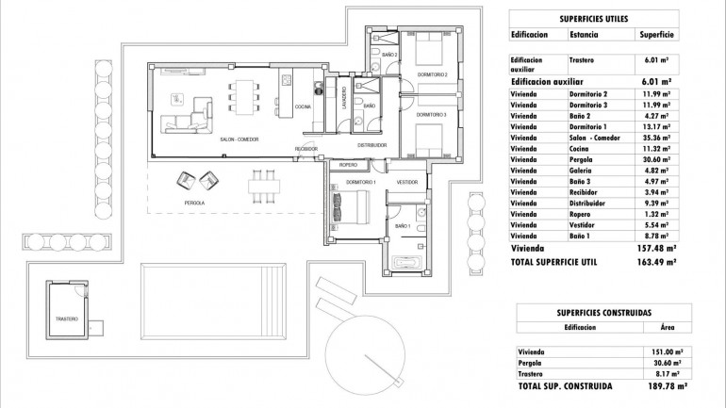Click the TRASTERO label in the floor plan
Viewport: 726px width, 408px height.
coord(66,319)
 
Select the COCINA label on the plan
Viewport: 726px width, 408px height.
coord(304,106)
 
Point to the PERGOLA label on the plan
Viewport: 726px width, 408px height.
coord(195,203)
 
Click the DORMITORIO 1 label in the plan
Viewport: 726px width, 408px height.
coord(361,181)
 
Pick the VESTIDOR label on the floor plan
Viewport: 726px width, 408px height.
coord(407,181)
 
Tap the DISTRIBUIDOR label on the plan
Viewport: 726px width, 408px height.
coord(372,145)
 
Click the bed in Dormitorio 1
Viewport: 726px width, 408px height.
coord(355,205)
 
